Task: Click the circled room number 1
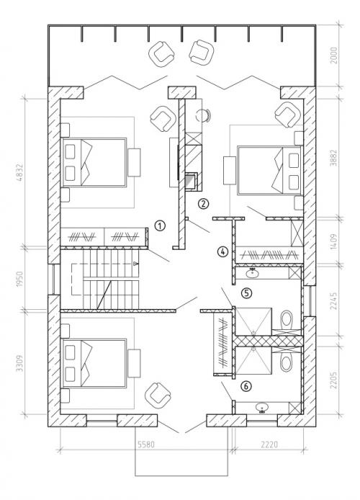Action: tap(160, 226)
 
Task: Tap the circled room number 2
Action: tap(203, 203)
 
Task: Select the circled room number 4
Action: tap(223, 251)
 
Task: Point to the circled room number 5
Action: tap(246, 293)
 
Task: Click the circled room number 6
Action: tap(246, 386)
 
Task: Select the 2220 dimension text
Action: tap(269, 445)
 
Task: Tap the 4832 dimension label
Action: tap(19, 172)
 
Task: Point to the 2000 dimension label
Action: tap(333, 55)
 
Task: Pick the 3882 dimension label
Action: tap(333, 157)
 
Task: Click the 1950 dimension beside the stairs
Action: tap(19, 280)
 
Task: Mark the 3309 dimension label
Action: tap(19, 363)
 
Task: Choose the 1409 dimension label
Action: tap(333, 241)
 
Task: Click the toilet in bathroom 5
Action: tap(287, 319)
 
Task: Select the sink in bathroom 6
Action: tap(263, 408)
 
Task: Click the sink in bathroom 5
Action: tap(253, 273)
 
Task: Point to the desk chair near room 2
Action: tap(202, 115)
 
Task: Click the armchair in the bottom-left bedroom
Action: tap(158, 395)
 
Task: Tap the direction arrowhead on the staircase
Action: tap(135, 264)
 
